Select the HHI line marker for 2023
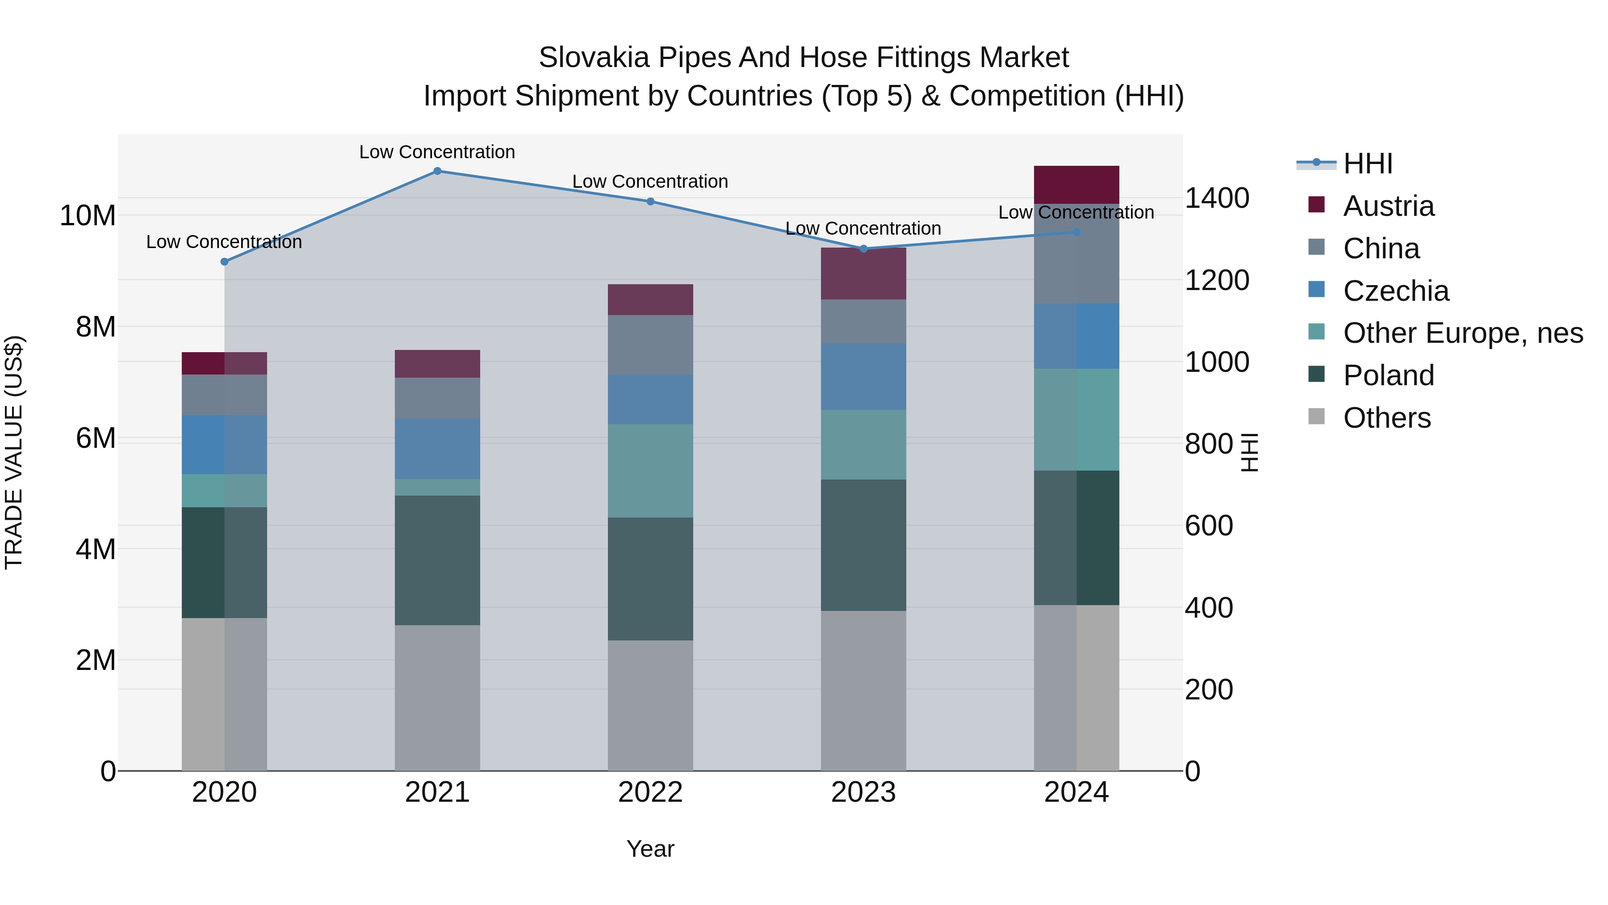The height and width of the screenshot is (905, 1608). (x=863, y=248)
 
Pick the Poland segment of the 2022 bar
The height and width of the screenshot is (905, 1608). (x=650, y=578)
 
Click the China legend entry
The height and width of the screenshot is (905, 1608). (x=1381, y=248)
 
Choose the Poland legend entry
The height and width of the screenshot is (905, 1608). (x=1388, y=375)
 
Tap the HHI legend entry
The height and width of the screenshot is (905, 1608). (x=1367, y=164)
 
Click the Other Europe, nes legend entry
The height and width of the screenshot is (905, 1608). (x=1462, y=333)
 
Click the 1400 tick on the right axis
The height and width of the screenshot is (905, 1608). (x=1217, y=198)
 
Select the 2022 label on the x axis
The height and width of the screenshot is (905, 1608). (x=650, y=792)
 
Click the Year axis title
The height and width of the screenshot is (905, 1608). (x=650, y=849)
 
